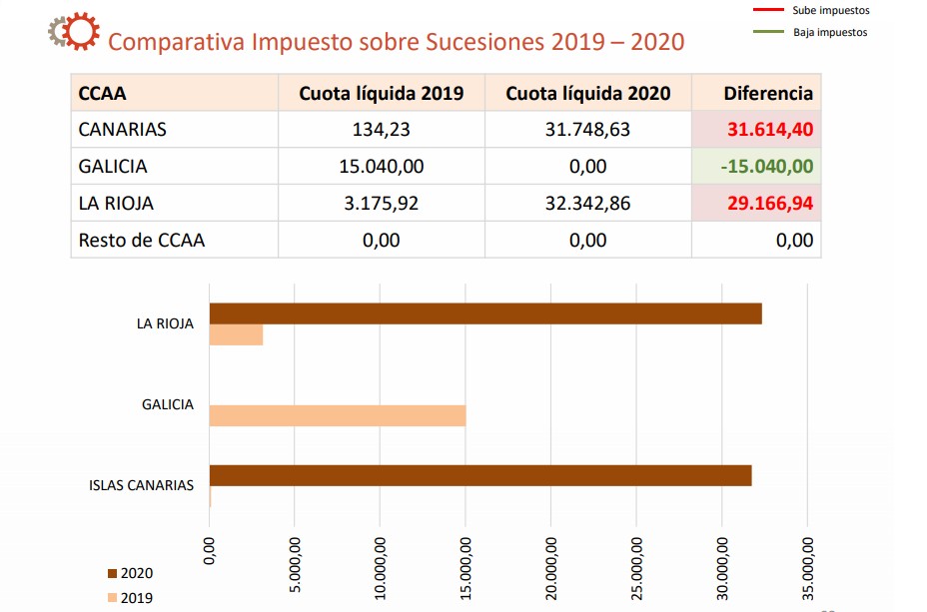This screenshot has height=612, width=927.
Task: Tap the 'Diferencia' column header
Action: click(x=767, y=94)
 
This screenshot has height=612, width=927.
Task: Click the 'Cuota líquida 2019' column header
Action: click(x=381, y=94)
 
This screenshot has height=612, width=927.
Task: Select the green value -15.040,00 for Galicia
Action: click(x=766, y=167)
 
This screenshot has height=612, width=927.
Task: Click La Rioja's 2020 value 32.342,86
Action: click(x=587, y=204)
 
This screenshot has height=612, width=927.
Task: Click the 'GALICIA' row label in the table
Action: click(x=113, y=167)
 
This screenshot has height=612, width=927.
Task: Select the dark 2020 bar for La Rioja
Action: click(x=485, y=313)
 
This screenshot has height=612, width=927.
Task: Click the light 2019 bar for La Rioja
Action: click(x=236, y=335)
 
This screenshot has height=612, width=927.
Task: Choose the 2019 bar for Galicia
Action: click(x=338, y=415)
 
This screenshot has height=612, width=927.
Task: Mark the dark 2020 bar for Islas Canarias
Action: click(x=479, y=475)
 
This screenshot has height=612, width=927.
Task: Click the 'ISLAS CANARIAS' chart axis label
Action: click(x=141, y=486)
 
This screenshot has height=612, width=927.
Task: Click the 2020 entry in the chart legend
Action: click(x=130, y=574)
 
